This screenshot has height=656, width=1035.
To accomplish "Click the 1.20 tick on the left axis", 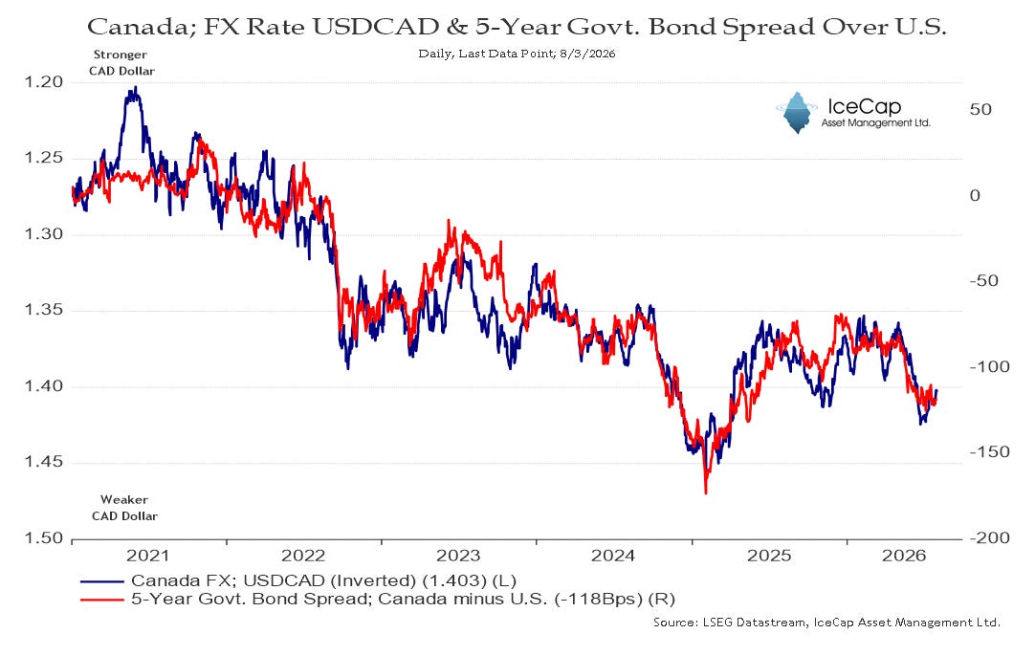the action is [44, 82].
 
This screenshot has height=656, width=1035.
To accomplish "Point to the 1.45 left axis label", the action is [44, 462].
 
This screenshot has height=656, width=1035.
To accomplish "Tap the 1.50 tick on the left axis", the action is [44, 537].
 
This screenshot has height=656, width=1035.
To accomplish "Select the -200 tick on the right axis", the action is [989, 537].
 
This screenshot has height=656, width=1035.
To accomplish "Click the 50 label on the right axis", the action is [980, 110].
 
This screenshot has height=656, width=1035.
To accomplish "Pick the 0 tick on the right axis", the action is [975, 195].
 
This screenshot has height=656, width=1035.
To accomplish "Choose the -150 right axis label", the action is [989, 452].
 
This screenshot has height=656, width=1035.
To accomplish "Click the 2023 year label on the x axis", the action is [459, 556].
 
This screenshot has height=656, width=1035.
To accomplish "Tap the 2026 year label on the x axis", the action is [904, 556].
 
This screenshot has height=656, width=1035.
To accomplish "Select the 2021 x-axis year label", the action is [148, 556].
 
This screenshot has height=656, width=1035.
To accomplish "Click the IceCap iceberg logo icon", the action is [797, 112].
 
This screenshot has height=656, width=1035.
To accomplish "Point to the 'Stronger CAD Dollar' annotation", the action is [121, 63].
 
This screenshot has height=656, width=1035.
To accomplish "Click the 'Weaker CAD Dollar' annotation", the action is [124, 508].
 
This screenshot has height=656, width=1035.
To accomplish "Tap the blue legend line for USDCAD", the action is [101, 581].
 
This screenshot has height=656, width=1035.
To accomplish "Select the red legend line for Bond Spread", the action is [101, 600].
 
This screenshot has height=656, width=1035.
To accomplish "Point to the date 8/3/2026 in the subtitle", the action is [586, 54].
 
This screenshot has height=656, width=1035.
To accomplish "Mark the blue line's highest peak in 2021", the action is [135, 87].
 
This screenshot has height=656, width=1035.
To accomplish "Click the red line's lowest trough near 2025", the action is [706, 492].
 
